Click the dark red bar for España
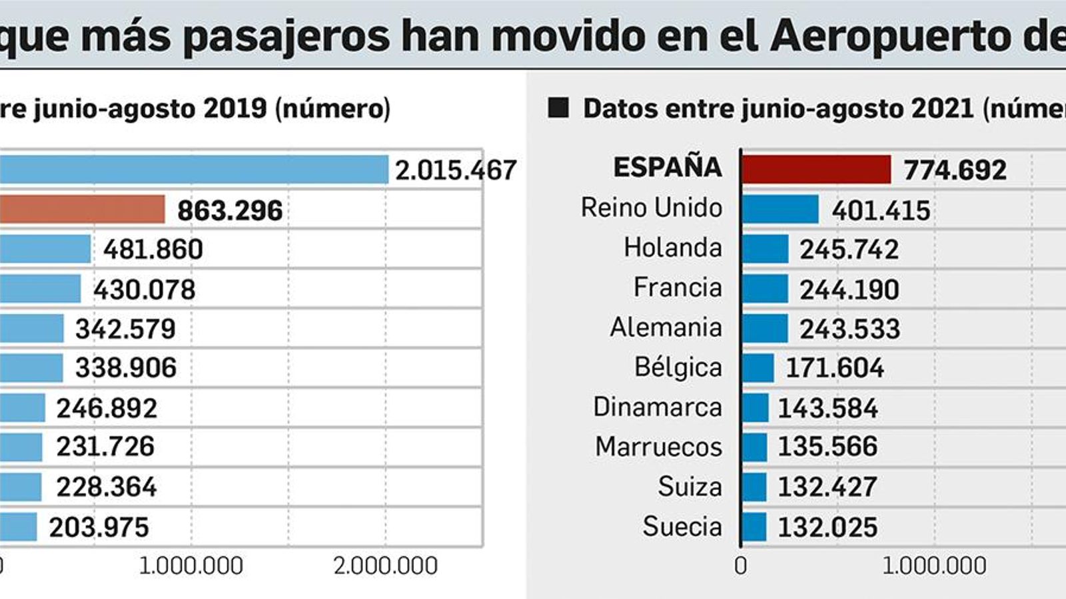[815, 169]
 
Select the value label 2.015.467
[456, 170]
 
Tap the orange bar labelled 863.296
[81, 210]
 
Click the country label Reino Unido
[651, 208]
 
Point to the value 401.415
[880, 210]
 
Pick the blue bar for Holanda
[764, 249]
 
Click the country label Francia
[677, 288]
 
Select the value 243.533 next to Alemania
[849, 329]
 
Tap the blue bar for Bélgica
[758, 368]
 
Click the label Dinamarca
[657, 407]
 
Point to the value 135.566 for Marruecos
[827, 447]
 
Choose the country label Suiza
[690, 487]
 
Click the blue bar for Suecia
[754, 526]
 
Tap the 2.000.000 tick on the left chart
[385, 566]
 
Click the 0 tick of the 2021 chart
[740, 566]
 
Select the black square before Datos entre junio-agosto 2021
[558, 108]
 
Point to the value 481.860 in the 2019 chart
[153, 250]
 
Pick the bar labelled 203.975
[18, 526]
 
